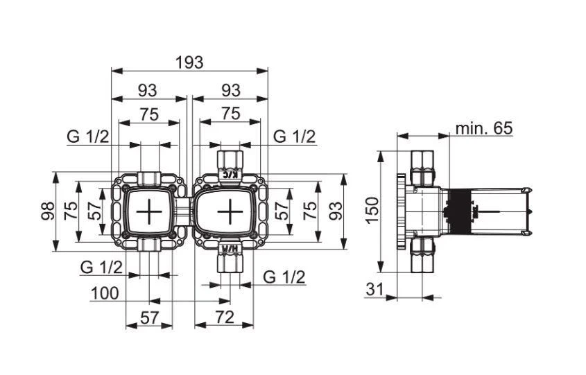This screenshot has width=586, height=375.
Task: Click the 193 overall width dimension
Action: [189, 62]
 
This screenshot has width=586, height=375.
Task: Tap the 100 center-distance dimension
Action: [104, 293]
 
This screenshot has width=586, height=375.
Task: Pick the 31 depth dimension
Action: [375, 290]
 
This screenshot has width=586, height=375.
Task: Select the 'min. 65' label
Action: [483, 128]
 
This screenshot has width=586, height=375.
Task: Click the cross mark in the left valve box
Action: [149, 212]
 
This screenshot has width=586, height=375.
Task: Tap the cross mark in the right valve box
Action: [228, 212]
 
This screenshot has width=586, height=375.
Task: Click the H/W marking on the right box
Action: [227, 247]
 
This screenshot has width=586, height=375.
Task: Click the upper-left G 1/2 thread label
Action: [88, 137]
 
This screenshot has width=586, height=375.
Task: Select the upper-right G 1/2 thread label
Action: [294, 137]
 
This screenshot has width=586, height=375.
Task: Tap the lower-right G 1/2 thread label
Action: [284, 277]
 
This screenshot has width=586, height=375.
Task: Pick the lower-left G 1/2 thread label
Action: [101, 268]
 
